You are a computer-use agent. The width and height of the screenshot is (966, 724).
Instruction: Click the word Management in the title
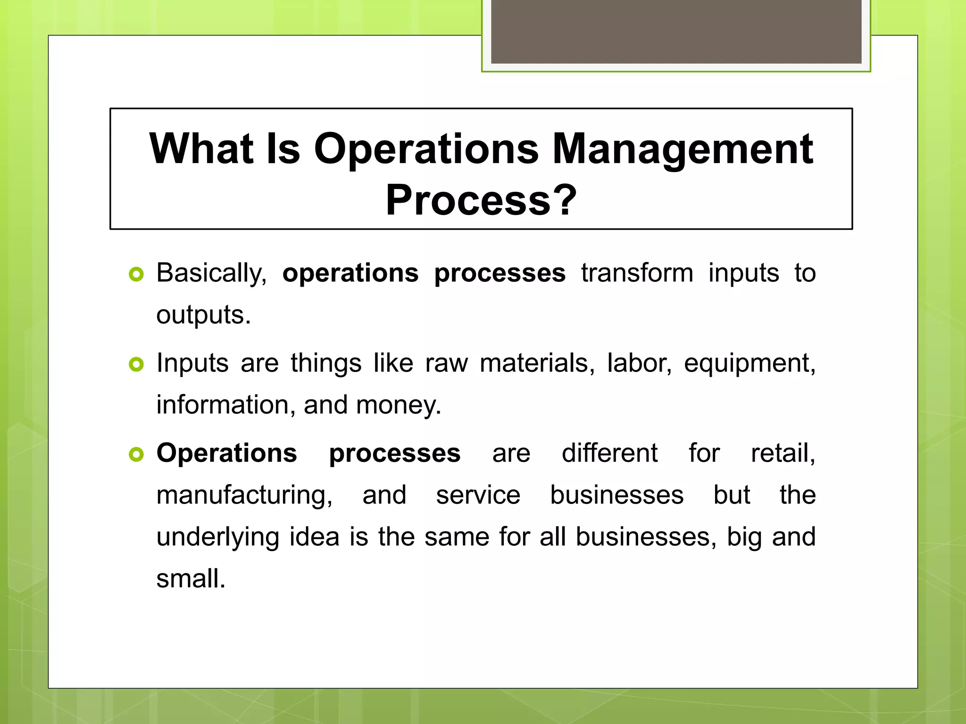[x=683, y=149]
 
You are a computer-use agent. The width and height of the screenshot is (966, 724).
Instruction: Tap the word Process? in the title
[x=481, y=200]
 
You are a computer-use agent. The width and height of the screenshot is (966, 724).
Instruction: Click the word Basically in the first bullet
[x=211, y=273]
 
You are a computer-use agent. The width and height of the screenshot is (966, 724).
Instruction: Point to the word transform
[x=637, y=273]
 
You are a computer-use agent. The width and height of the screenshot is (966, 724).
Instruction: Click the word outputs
[x=203, y=315]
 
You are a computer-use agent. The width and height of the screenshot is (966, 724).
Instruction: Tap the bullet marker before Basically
[x=136, y=274]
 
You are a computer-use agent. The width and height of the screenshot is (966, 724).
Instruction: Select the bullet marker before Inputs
[x=136, y=364]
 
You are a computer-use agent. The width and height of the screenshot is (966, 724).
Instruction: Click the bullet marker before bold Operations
[x=136, y=454]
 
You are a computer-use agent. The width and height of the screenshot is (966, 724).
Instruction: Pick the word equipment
[x=749, y=363]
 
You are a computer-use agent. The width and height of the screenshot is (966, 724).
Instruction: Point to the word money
[x=399, y=405]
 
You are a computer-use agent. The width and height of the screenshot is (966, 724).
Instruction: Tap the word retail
[x=783, y=453]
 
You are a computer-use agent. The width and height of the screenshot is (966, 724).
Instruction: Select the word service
[x=478, y=495]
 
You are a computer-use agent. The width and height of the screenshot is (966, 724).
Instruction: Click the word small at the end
[x=191, y=579]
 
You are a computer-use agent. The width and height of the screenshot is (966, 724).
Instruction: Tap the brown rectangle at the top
[x=676, y=31]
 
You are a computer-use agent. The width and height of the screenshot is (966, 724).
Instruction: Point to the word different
[x=609, y=453]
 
